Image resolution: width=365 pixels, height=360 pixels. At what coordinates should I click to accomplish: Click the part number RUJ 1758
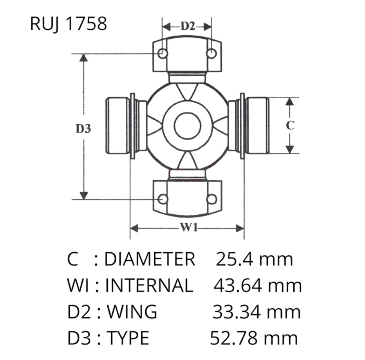68,24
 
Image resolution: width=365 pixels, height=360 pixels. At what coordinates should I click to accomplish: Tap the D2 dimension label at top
188,26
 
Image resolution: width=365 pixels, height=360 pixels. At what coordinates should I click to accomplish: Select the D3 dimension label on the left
83,128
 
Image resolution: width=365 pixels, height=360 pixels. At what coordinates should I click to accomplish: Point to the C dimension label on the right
290,125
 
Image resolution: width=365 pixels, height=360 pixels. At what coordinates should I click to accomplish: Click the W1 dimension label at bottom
189,228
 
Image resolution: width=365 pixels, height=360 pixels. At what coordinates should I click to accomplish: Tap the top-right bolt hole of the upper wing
211,54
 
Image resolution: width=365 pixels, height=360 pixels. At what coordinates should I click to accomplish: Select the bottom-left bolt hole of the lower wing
163,199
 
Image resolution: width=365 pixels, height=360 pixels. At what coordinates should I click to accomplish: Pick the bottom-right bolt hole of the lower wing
211,199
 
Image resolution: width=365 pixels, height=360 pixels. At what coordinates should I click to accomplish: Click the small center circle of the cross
187,126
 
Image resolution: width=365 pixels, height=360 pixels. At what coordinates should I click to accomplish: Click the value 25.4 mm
255,259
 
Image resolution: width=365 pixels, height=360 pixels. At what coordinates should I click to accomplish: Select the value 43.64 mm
258,285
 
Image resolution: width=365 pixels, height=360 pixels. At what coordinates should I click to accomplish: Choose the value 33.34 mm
257,312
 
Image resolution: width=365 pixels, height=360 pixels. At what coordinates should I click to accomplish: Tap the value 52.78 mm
254,338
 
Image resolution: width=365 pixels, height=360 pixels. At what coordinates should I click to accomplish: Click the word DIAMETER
150,259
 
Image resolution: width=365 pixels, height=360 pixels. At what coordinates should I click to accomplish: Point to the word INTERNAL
149,285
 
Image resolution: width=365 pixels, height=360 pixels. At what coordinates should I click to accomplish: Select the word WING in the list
132,312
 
